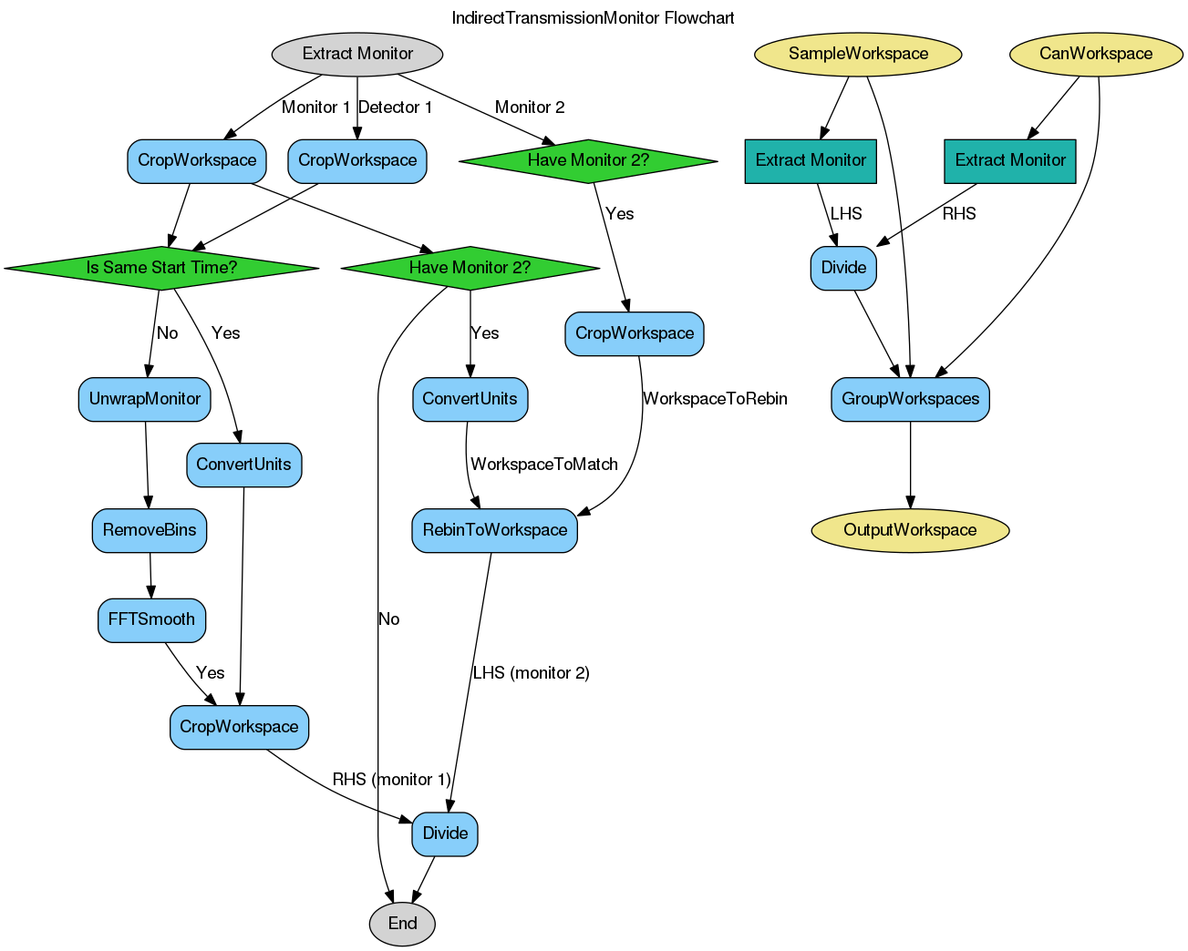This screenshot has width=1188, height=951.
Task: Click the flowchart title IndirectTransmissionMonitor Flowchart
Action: [x=593, y=18]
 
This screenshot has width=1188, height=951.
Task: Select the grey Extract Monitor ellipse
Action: [x=357, y=54]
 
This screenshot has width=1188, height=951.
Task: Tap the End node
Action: [x=402, y=924]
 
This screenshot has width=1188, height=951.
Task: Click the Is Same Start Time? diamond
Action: [x=161, y=268]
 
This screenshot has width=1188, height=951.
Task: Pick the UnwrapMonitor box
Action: [x=145, y=399]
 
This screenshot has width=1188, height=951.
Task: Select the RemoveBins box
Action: [x=150, y=530]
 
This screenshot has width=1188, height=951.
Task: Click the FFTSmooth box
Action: [x=151, y=619]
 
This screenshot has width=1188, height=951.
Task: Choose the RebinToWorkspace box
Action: [x=495, y=530]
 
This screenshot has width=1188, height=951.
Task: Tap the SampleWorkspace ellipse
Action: [x=858, y=54]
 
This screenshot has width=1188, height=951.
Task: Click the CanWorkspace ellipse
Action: [x=1096, y=54]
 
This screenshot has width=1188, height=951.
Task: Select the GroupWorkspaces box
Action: [x=910, y=399]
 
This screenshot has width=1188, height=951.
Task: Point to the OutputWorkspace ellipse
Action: [x=910, y=530]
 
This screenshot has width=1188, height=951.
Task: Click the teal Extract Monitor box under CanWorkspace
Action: [x=1010, y=160]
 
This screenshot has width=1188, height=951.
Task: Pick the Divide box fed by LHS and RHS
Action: [x=843, y=268]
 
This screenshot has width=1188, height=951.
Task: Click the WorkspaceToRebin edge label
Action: [x=715, y=399]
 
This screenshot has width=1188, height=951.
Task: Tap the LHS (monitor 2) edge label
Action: [x=531, y=673]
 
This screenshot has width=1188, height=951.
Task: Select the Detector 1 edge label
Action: [x=395, y=107]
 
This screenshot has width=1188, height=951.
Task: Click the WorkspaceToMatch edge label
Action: [x=543, y=465]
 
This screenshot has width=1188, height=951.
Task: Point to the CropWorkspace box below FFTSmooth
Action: [x=239, y=727]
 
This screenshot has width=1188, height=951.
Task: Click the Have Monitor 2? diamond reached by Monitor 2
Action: [x=588, y=160]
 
